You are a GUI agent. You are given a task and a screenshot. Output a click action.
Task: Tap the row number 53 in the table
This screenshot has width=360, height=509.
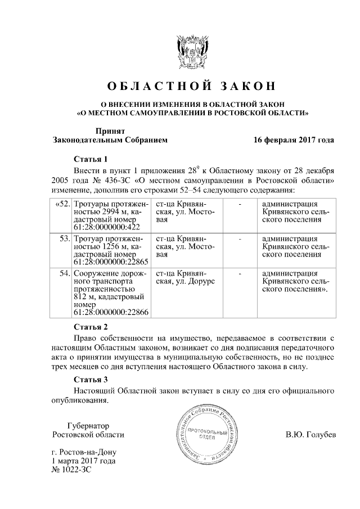coord(64,239)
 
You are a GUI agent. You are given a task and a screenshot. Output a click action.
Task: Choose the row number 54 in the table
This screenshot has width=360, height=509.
coord(64,274)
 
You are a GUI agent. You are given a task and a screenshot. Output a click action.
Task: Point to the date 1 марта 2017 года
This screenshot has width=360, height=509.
coord(83,461)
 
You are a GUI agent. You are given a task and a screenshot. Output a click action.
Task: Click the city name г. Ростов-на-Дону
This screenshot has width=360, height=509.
coord(85,452)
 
